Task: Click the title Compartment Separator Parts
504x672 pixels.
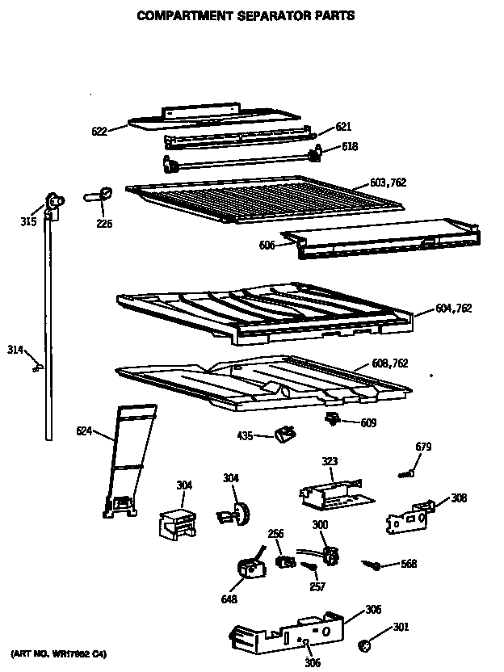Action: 245,15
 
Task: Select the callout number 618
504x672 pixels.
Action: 350,146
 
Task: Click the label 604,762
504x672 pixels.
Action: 453,308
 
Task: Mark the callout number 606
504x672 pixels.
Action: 267,244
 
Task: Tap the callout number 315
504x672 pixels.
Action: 28,220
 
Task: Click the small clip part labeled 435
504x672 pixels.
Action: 283,435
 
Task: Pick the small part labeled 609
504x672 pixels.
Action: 331,418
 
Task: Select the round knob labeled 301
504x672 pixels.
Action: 364,643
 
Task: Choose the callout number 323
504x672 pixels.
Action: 330,462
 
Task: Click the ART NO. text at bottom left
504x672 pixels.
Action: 58,652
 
